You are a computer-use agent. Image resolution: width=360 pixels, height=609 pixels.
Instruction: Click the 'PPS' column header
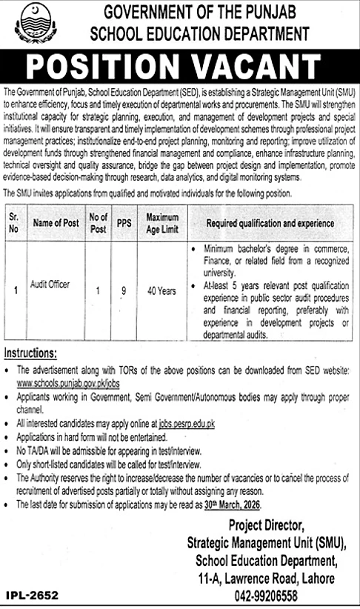click(124, 223)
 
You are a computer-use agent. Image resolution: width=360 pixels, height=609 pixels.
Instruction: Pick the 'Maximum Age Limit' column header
click(161, 223)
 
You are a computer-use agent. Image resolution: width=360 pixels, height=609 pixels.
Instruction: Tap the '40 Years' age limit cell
click(161, 291)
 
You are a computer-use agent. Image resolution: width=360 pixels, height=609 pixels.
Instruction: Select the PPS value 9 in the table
click(124, 291)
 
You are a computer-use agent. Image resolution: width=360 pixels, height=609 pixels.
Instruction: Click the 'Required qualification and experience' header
click(270, 223)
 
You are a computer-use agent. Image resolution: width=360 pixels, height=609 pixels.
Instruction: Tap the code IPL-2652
click(32, 595)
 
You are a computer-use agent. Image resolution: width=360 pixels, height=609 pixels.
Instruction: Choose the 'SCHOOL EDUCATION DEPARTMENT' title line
click(198, 33)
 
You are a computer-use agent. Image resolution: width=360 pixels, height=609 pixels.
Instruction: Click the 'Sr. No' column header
click(13, 223)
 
